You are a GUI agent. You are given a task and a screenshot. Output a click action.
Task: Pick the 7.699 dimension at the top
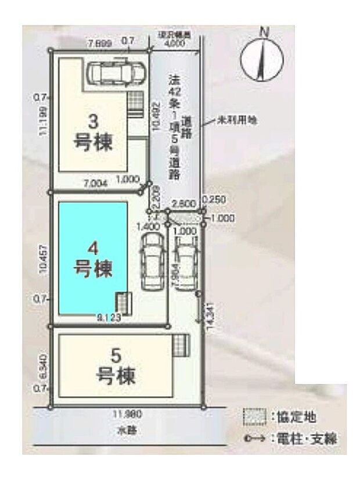click(x=98, y=42)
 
